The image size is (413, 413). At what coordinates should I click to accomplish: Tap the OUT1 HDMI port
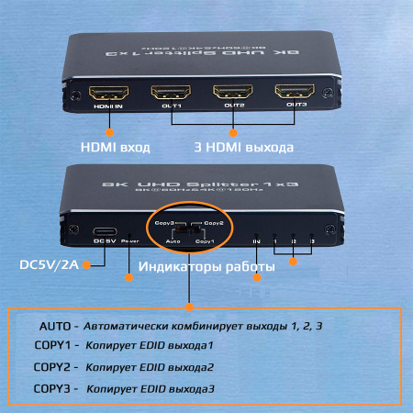pos(170,93)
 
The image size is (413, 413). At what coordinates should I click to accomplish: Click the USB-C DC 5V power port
pos(106,231)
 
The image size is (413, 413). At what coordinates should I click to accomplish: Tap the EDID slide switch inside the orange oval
pos(188,233)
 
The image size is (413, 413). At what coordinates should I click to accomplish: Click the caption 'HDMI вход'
pos(115,146)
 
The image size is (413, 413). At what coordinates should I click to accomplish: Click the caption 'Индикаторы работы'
pos(206,267)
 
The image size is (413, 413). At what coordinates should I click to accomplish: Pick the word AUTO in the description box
pos(53,326)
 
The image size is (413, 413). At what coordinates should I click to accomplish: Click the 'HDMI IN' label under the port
pos(106,107)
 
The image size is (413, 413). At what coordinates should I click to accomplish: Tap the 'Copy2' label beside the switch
pos(214,223)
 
